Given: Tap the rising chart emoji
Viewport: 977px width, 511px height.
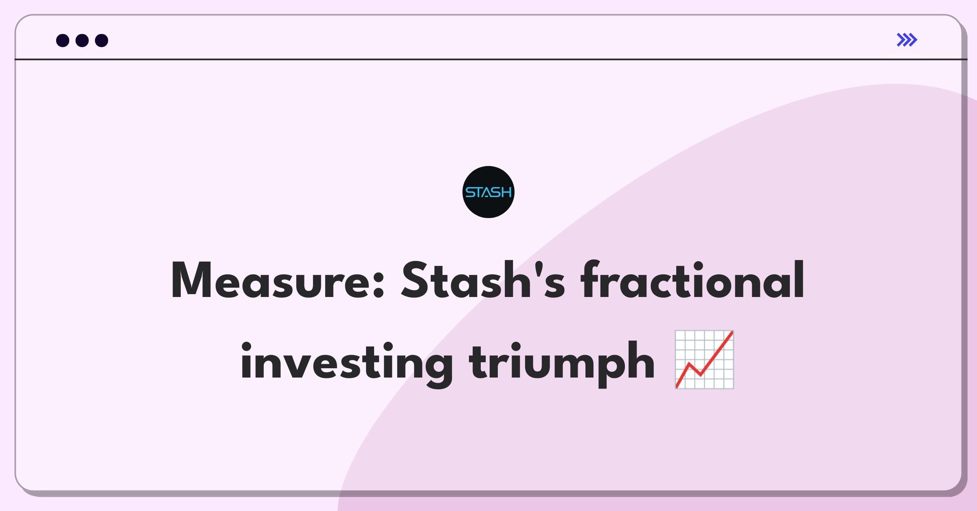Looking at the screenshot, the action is (x=704, y=360).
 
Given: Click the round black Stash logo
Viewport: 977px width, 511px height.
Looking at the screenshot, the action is (x=488, y=192).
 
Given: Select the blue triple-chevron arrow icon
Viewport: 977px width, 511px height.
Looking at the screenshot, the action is (x=907, y=40).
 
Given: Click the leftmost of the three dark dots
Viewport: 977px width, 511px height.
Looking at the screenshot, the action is (x=63, y=40).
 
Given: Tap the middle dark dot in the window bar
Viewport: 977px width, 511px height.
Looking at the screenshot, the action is (x=82, y=40).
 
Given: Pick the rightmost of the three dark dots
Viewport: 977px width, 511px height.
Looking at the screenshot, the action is (x=101, y=40).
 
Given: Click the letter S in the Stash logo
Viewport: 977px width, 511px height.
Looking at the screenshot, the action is (x=470, y=192).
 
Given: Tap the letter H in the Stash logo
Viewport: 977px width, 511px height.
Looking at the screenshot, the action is (x=506, y=192).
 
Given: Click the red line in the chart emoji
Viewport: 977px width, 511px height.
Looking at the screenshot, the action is (x=704, y=360).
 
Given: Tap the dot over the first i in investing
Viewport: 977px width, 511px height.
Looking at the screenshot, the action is (x=246, y=347).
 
